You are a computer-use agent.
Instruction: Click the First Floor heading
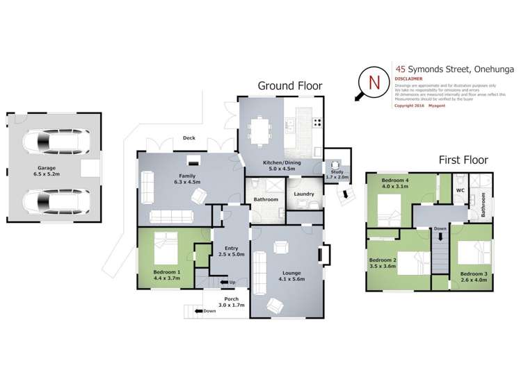tap(463, 160)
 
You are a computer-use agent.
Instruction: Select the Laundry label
tap(304, 194)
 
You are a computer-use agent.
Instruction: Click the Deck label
tap(189, 138)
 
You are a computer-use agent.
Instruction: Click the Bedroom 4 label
tap(395, 183)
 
